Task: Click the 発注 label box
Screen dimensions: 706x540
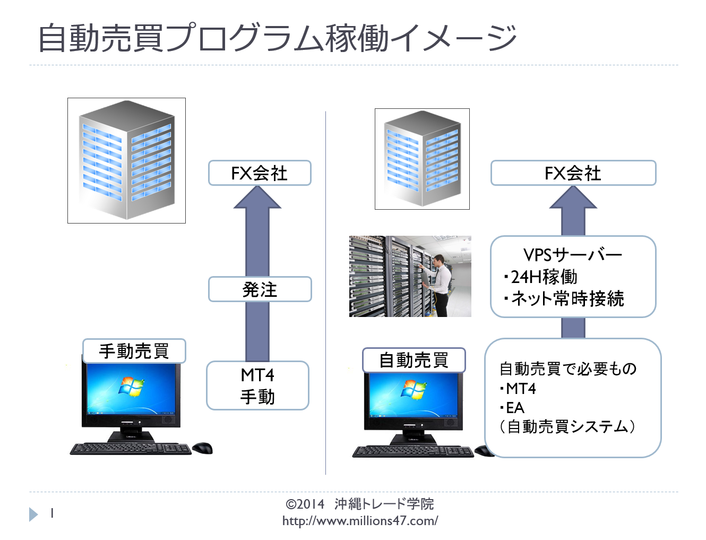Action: coord(260,289)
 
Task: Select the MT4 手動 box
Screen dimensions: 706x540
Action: coord(257,385)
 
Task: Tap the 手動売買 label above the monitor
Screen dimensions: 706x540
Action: coord(134,351)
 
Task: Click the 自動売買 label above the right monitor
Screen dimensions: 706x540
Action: coord(414,360)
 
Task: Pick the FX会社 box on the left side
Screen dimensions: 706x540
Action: coord(260,173)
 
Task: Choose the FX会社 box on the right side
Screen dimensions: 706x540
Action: coord(573,173)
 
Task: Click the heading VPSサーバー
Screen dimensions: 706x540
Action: coord(573,255)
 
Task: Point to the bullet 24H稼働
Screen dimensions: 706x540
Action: coord(540,277)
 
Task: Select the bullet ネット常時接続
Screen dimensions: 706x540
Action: coord(564,299)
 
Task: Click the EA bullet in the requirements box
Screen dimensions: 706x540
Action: coord(512,408)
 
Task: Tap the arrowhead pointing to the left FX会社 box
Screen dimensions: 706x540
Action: coord(257,197)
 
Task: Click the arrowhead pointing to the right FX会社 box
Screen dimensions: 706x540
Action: coord(573,197)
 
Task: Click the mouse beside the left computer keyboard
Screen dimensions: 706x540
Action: coord(202,448)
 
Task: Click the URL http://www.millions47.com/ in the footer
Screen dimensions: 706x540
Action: coord(360,521)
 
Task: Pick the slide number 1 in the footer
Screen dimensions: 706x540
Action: coord(52,513)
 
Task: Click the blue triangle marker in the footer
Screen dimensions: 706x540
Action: coord(33,515)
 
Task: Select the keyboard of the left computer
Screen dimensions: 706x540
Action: coord(131,449)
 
